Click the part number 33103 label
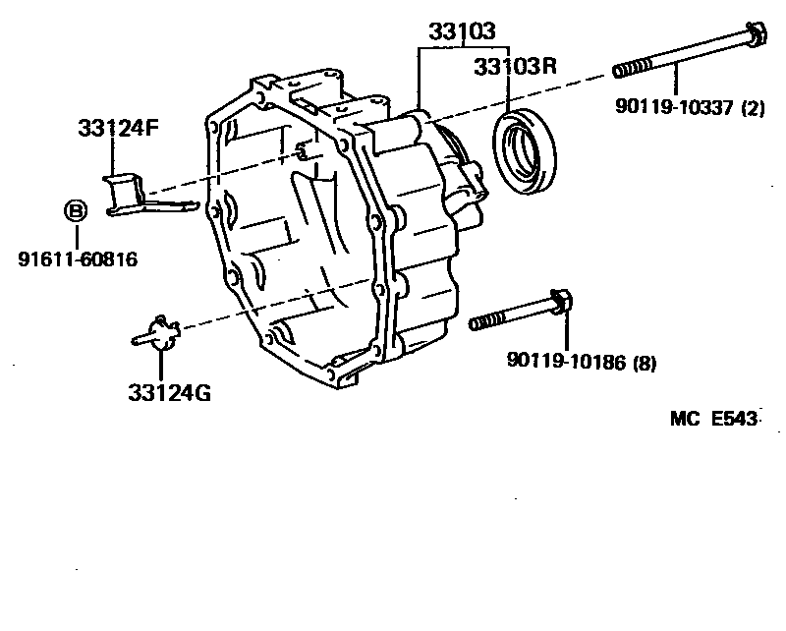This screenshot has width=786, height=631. [461, 32]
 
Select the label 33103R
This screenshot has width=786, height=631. [515, 67]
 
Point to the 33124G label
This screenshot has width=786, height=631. [168, 393]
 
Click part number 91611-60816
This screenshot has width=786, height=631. [77, 259]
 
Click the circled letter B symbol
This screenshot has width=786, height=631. [75, 209]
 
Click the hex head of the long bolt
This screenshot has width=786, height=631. [755, 36]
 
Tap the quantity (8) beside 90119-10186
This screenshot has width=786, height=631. [644, 364]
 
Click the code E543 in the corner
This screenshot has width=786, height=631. [734, 420]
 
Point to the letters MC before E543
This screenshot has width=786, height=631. [683, 420]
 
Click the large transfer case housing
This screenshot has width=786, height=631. [334, 236]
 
